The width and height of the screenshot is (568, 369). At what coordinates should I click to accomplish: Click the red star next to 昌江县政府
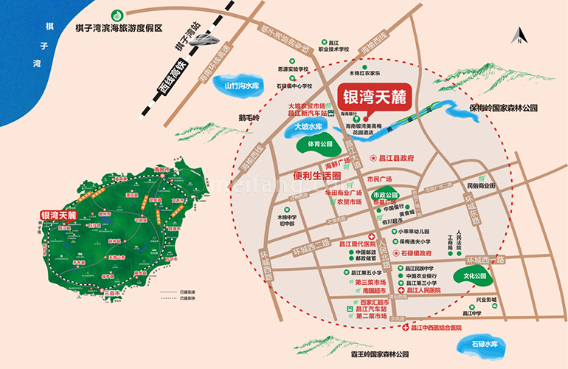click(x=373, y=157)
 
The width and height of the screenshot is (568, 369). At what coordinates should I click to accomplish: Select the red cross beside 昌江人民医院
click(x=402, y=291)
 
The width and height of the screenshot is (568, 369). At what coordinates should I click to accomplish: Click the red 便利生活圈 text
click(x=316, y=176)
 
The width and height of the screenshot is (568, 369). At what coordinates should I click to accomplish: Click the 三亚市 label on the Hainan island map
click(x=112, y=292)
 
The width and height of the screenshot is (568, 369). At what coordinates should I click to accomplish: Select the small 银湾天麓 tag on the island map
click(x=58, y=215)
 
